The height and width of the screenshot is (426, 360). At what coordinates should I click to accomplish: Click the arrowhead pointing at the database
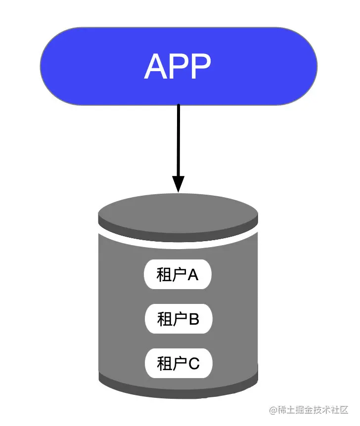click(178, 184)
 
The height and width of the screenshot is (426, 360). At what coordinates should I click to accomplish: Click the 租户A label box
click(178, 275)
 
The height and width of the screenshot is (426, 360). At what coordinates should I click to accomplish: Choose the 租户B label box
click(178, 319)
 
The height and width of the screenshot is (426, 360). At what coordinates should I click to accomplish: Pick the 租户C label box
click(178, 364)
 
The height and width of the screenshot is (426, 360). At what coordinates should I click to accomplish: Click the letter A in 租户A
click(193, 275)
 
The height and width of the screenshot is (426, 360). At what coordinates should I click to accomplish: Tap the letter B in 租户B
click(193, 319)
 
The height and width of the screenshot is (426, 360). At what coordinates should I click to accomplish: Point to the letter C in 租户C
click(194, 364)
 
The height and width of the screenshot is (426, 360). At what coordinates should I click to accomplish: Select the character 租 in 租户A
click(164, 275)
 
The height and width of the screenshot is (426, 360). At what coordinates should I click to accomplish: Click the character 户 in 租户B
click(180, 319)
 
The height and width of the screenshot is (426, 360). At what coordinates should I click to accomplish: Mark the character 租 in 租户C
click(164, 364)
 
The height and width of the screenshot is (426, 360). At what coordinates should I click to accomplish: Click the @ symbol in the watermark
click(272, 410)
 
